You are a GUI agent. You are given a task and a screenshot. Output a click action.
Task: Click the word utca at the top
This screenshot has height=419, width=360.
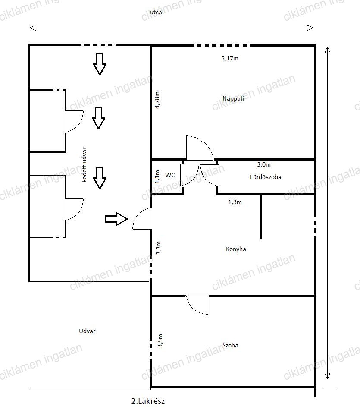pos(156,12)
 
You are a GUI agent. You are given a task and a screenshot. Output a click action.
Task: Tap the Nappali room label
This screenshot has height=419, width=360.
pos(233,98)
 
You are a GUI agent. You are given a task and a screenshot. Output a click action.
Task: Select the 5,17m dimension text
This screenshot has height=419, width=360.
pos(230,58)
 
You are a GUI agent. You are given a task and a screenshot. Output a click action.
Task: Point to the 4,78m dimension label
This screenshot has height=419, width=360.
pos(157,100)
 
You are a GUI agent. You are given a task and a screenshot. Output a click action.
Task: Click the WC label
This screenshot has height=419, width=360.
pos(170,175)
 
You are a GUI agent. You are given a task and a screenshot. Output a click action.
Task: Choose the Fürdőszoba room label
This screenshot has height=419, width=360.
pos(266,177)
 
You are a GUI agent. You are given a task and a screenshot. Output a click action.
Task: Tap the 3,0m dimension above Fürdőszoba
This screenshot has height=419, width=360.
pos(264,164)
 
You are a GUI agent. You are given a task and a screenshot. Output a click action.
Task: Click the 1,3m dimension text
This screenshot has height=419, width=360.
pos(235,202)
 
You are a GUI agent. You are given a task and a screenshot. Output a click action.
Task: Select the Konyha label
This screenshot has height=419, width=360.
pos(236,249)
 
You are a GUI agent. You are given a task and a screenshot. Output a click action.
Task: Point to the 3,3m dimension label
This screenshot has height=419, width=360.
pos(158,248)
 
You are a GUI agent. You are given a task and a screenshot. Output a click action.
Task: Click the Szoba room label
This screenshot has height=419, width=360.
pos(230,345)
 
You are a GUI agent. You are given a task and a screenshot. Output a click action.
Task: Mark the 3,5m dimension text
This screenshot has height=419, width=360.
pos(160,341)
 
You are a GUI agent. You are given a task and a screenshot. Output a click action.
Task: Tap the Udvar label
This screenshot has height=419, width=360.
pos(87,331)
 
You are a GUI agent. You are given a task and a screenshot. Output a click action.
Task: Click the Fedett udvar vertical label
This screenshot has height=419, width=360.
pos(84,165)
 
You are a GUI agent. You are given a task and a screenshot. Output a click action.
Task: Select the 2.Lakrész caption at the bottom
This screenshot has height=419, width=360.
pos(148,401)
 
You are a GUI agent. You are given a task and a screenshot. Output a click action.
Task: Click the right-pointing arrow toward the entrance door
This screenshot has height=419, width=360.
pos(116,219)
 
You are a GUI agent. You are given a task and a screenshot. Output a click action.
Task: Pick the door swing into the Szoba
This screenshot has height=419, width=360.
pos(197,305)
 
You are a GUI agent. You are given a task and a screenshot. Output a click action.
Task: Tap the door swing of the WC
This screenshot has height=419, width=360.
pos(190,175)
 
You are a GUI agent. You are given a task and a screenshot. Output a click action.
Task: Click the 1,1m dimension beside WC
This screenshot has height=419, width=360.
pos(157,176)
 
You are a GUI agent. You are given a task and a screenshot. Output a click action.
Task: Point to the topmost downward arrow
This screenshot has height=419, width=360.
pos(100,64)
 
